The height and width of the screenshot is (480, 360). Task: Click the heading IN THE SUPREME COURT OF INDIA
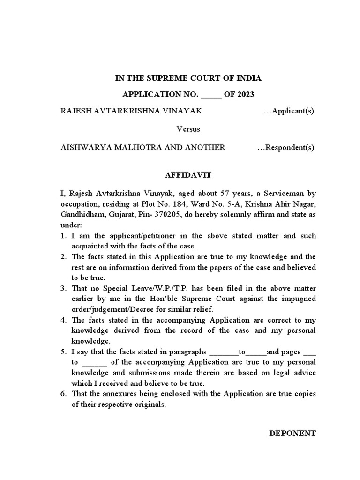tap(188, 78)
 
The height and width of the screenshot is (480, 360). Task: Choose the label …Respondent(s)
tap(285, 147)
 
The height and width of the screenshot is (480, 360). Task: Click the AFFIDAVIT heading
tap(188, 175)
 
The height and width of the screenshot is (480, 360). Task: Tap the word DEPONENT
tap(292, 433)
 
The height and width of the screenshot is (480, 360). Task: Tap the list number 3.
tap(63, 288)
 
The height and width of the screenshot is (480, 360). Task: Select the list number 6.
tap(63, 394)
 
